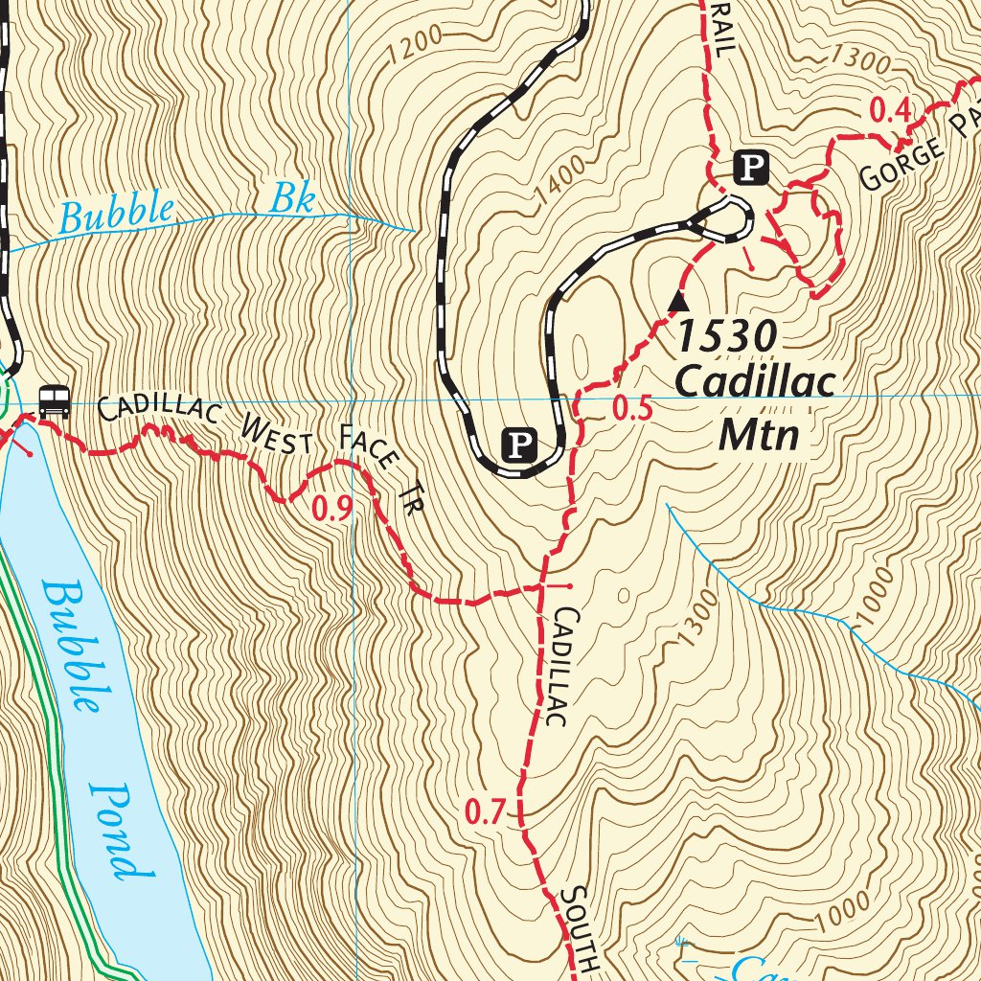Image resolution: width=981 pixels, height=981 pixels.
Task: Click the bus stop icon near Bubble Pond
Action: coord(55,400)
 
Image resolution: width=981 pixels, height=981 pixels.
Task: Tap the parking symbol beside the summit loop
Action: coord(751,169)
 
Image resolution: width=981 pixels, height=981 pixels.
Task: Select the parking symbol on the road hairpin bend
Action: coord(518,445)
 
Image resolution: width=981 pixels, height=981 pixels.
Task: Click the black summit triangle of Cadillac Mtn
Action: coord(678,302)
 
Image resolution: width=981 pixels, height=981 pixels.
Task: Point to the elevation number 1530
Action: coord(726,336)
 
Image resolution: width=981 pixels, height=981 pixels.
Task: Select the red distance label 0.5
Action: coord(632,410)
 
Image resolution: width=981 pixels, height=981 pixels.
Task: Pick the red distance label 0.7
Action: coord(484,813)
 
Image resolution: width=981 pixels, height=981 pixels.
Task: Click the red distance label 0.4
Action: coord(888,110)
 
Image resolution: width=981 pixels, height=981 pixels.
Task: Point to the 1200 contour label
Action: coord(416,44)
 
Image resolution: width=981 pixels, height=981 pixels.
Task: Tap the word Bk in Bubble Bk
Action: coord(292,199)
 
